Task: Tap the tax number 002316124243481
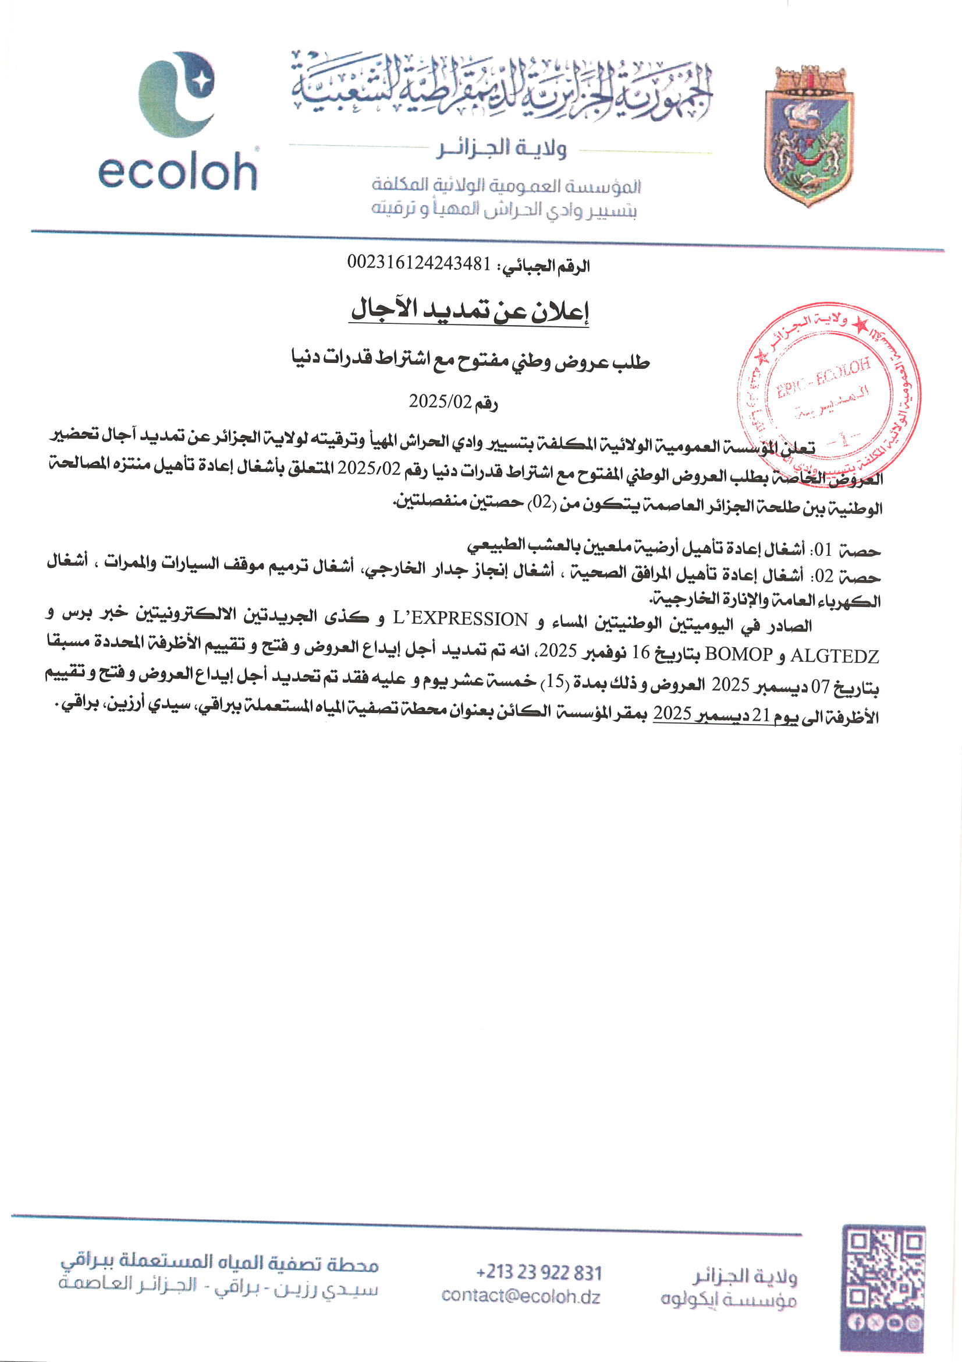(418, 263)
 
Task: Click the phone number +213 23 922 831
(538, 1273)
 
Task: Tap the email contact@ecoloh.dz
(520, 1297)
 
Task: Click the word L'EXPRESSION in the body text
(460, 620)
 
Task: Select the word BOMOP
(739, 654)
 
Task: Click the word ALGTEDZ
(835, 655)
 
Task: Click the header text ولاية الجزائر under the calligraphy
(502, 149)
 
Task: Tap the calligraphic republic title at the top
(502, 89)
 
